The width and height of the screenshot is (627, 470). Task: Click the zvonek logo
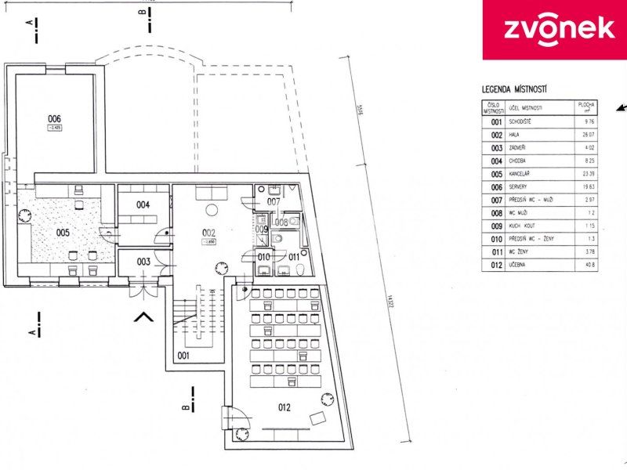pyautogui.click(x=554, y=28)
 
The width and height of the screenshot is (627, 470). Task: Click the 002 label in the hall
pyautogui.click(x=208, y=233)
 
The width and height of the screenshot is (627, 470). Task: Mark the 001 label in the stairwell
pyautogui.click(x=183, y=355)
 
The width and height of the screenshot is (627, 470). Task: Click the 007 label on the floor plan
pyautogui.click(x=272, y=202)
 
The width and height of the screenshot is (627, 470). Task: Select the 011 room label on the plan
pyautogui.click(x=292, y=256)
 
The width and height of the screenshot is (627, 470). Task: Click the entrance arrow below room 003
pyautogui.click(x=143, y=316)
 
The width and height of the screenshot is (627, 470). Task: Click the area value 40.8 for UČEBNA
pyautogui.click(x=588, y=264)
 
